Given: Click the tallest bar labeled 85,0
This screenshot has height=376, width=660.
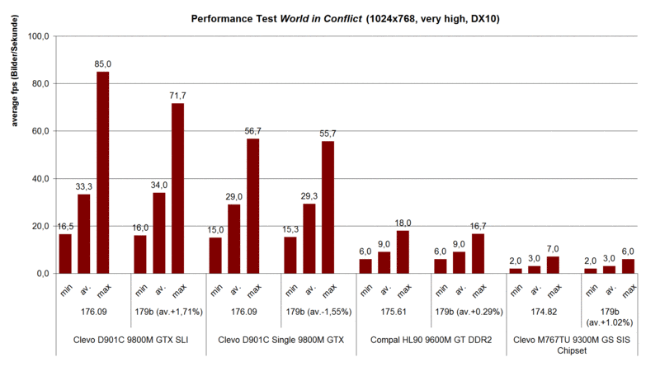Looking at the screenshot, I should click(103, 172).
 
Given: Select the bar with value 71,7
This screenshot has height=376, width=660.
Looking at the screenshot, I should click(177, 188).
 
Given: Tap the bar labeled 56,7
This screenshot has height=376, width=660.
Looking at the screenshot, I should click(252, 206).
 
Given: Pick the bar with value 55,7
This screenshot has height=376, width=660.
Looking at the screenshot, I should click(328, 207).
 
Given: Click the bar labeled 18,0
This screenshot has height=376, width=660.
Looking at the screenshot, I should click(403, 251).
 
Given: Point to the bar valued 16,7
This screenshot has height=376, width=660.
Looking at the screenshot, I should click(477, 253).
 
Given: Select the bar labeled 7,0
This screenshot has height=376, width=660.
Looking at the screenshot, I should click(553, 265).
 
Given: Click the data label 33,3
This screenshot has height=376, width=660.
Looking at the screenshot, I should click(83, 186).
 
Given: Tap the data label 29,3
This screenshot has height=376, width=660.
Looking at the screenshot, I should click(308, 196).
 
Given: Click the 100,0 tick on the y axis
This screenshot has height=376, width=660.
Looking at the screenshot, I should click(38, 36).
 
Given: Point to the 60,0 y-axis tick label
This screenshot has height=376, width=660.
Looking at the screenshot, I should click(40, 131).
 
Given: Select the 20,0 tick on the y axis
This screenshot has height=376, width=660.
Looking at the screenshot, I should click(40, 226).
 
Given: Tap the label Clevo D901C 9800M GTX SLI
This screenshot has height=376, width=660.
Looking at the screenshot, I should click(130, 341).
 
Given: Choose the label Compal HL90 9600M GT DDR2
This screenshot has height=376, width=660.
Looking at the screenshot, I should click(431, 341).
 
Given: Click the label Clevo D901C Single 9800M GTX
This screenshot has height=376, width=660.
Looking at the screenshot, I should click(280, 341).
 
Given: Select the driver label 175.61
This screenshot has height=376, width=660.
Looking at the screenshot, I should click(393, 313).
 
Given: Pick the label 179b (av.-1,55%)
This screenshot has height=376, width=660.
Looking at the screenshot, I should click(318, 313).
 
